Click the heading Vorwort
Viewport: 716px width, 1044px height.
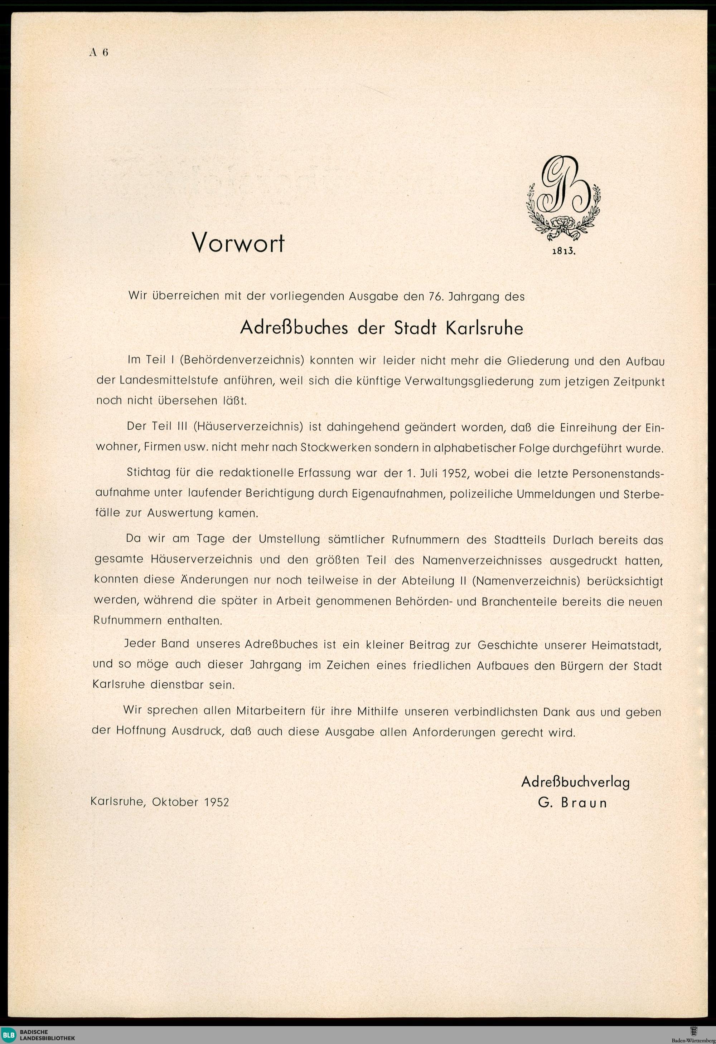[238, 243]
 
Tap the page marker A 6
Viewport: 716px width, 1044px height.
[99, 53]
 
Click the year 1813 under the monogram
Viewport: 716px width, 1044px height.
[563, 251]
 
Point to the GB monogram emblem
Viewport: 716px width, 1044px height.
[563, 197]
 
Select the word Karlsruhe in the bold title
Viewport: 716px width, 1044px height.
[484, 328]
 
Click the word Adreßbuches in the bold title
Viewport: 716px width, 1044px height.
[294, 328]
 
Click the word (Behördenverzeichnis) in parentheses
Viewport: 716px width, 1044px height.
[232, 360]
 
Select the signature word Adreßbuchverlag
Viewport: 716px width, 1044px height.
[575, 782]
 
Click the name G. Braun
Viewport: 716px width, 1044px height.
[572, 803]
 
